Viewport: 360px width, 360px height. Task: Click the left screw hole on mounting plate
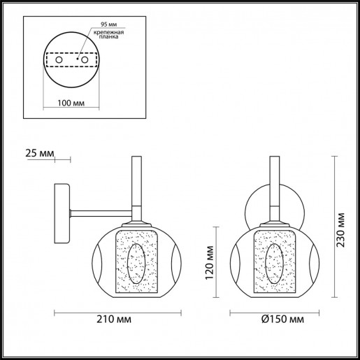pos(59,62)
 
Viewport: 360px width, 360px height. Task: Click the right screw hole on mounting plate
pos(85,62)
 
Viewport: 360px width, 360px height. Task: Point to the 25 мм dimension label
pos(37,152)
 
